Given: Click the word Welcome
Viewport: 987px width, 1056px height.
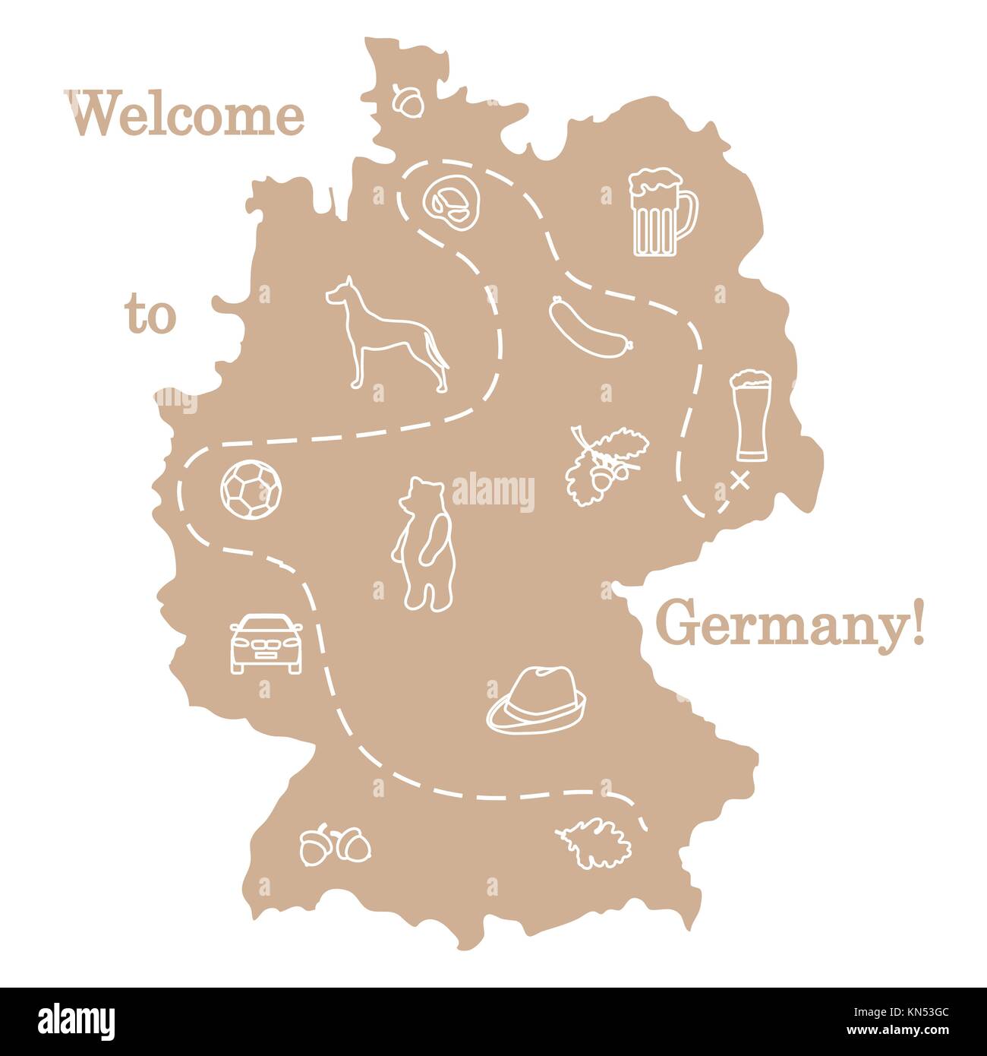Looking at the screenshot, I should [x=189, y=115].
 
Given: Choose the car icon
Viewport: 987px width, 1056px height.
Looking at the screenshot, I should [x=265, y=643].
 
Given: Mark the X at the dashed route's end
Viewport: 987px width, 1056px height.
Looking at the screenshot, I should [x=739, y=481].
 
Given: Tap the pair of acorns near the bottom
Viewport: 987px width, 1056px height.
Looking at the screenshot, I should [x=335, y=846].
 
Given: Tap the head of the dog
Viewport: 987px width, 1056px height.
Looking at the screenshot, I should [x=339, y=292].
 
